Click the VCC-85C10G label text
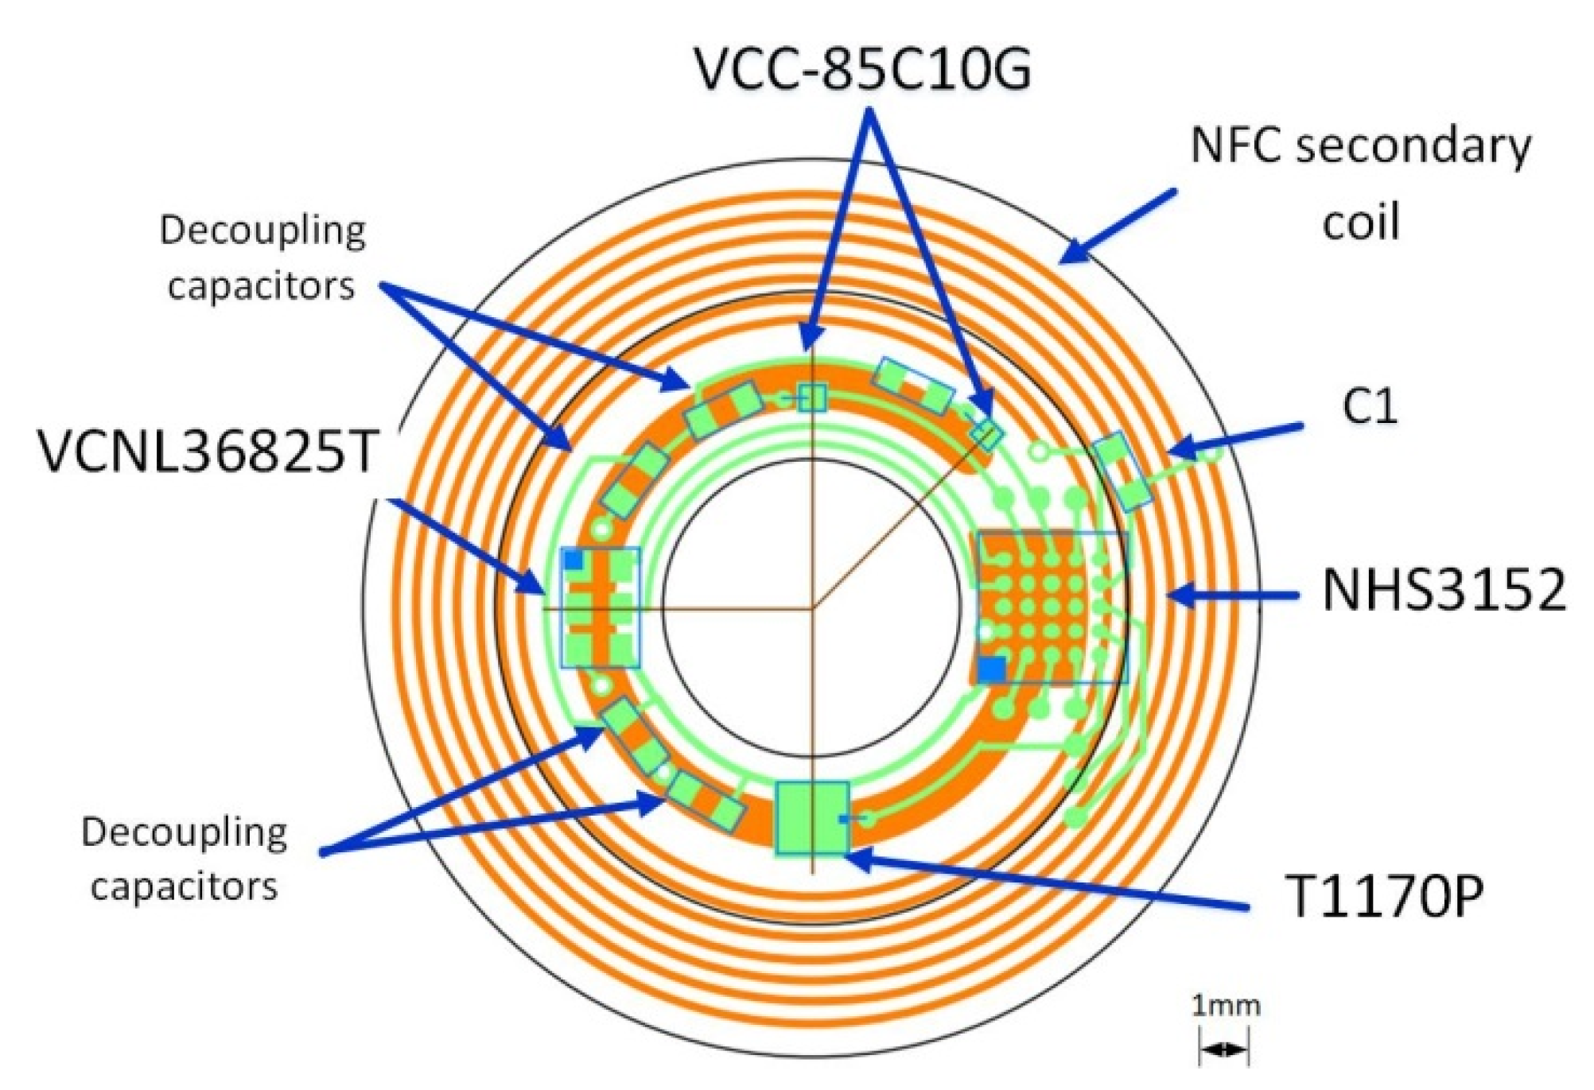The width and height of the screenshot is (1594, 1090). click(863, 68)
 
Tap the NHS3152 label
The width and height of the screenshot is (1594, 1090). click(1444, 591)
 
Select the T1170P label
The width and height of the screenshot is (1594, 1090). click(1384, 896)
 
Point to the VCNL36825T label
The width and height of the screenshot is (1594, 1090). click(208, 452)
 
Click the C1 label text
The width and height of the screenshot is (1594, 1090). click(1369, 406)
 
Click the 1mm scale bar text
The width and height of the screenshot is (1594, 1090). click(1226, 1007)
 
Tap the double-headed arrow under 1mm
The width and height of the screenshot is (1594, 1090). click(1224, 1050)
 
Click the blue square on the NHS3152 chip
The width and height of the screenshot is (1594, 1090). click(991, 669)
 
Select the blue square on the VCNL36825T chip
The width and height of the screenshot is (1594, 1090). click(573, 560)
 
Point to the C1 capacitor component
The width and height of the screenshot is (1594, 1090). click(1122, 471)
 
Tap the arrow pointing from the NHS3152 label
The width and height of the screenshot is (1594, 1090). click(1233, 595)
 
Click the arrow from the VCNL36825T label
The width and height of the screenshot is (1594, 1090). click(465, 547)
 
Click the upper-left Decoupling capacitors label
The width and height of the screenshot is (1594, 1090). click(262, 258)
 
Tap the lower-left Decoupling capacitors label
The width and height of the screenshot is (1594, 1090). click(185, 859)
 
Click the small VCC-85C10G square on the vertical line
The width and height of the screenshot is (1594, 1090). click(812, 397)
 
